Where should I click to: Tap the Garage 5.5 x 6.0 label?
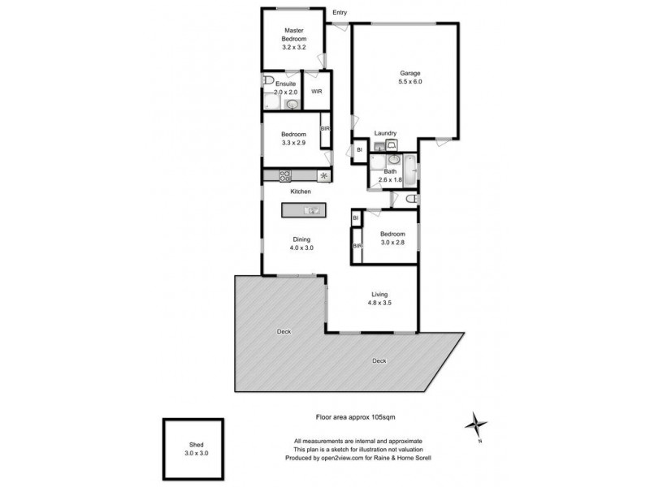click(409, 77)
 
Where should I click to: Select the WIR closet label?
click(317, 92)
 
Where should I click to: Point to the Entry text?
click(340, 13)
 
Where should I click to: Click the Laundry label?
click(385, 133)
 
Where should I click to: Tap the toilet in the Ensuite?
click(268, 81)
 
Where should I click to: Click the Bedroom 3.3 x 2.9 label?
click(292, 138)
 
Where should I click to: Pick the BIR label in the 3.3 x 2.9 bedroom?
click(325, 130)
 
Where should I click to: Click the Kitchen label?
click(301, 192)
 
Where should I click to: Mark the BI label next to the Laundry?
click(358, 150)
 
